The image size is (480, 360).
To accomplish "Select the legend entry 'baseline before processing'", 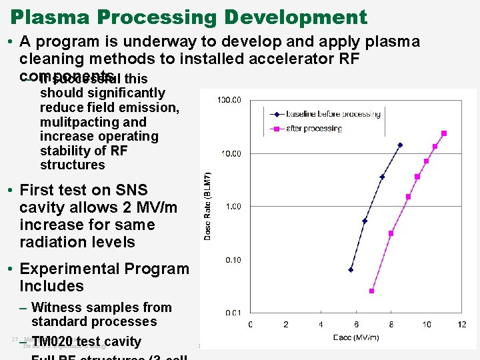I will coord(333,114).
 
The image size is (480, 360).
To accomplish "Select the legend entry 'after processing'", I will coord(313,129).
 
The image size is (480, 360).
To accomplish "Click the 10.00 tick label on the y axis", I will coord(231,153).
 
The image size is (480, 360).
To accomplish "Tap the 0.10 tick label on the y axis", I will coord(233,259).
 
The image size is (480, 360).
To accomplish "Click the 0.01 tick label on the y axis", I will coord(233,313).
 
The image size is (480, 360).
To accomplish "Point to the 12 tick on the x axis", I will coord(462,325).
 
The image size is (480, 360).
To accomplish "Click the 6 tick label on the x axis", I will coord(357,325).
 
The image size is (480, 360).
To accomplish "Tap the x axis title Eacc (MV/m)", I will coord(356,337).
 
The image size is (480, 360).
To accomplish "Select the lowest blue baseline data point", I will coord(351,270).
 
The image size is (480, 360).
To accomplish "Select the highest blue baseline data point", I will coord(400,145).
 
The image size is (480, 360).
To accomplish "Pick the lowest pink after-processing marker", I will coord(371,291).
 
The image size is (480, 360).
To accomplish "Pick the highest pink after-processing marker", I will coord(444,133).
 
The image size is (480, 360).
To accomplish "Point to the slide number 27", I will coord(15,339).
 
